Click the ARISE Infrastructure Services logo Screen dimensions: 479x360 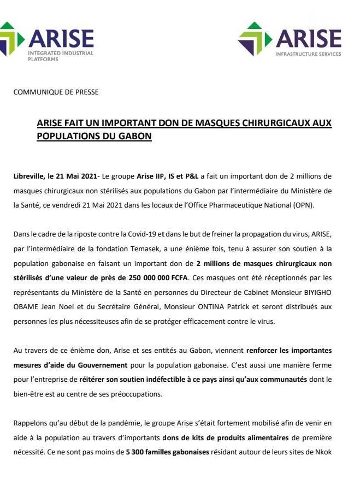290,40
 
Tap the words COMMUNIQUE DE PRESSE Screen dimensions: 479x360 56,92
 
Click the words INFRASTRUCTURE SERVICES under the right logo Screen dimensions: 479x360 308,54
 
